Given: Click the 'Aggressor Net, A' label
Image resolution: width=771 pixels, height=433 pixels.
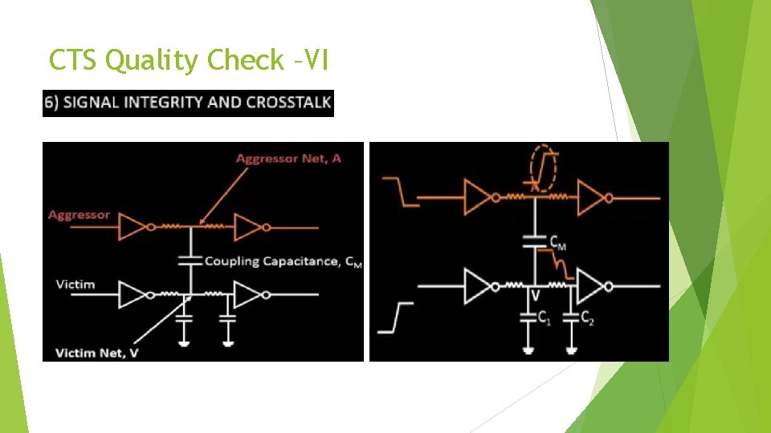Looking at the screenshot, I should click(288, 158).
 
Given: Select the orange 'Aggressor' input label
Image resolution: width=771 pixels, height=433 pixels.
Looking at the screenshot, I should click(79, 215).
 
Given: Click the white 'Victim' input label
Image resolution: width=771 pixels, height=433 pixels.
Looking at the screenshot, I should click(75, 284).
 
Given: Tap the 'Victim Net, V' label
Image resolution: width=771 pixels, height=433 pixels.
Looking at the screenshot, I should click(92, 352).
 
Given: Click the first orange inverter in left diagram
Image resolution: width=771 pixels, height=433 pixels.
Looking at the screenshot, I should click(132, 227).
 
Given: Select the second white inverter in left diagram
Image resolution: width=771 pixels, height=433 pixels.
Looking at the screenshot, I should click(247, 295).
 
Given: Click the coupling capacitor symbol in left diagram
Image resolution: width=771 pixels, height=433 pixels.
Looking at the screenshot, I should click(190, 260).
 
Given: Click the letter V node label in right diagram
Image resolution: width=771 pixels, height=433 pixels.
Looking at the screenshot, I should click(535, 295).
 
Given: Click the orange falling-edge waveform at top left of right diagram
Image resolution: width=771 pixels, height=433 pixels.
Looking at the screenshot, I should click(400, 192).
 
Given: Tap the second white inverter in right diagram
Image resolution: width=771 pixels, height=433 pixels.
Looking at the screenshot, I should click(594, 285).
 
